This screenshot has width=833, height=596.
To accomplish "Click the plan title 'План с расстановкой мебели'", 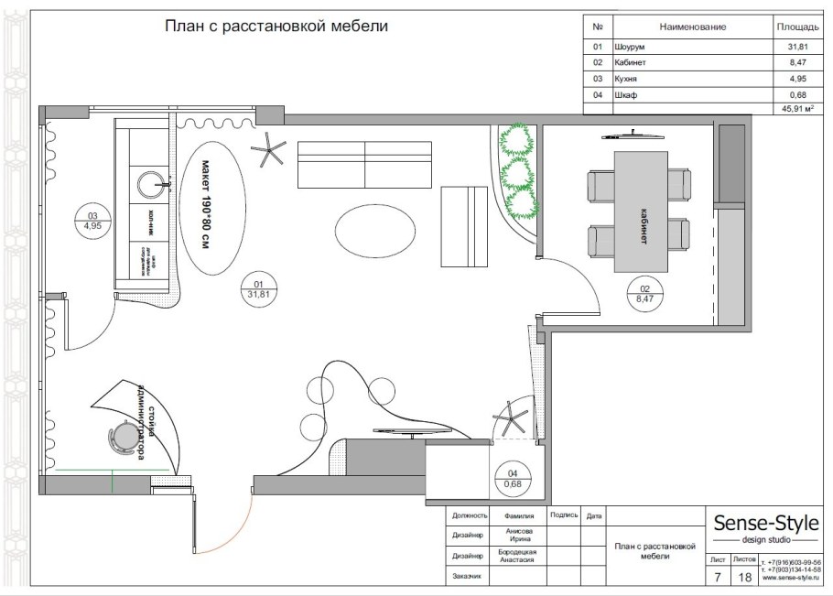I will (276, 27).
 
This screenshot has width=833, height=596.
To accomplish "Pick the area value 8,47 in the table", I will (785, 62).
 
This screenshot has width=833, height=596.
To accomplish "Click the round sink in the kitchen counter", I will (152, 184).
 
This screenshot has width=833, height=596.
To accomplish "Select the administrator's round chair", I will (122, 439).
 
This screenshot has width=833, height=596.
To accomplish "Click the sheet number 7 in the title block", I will (717, 577).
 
